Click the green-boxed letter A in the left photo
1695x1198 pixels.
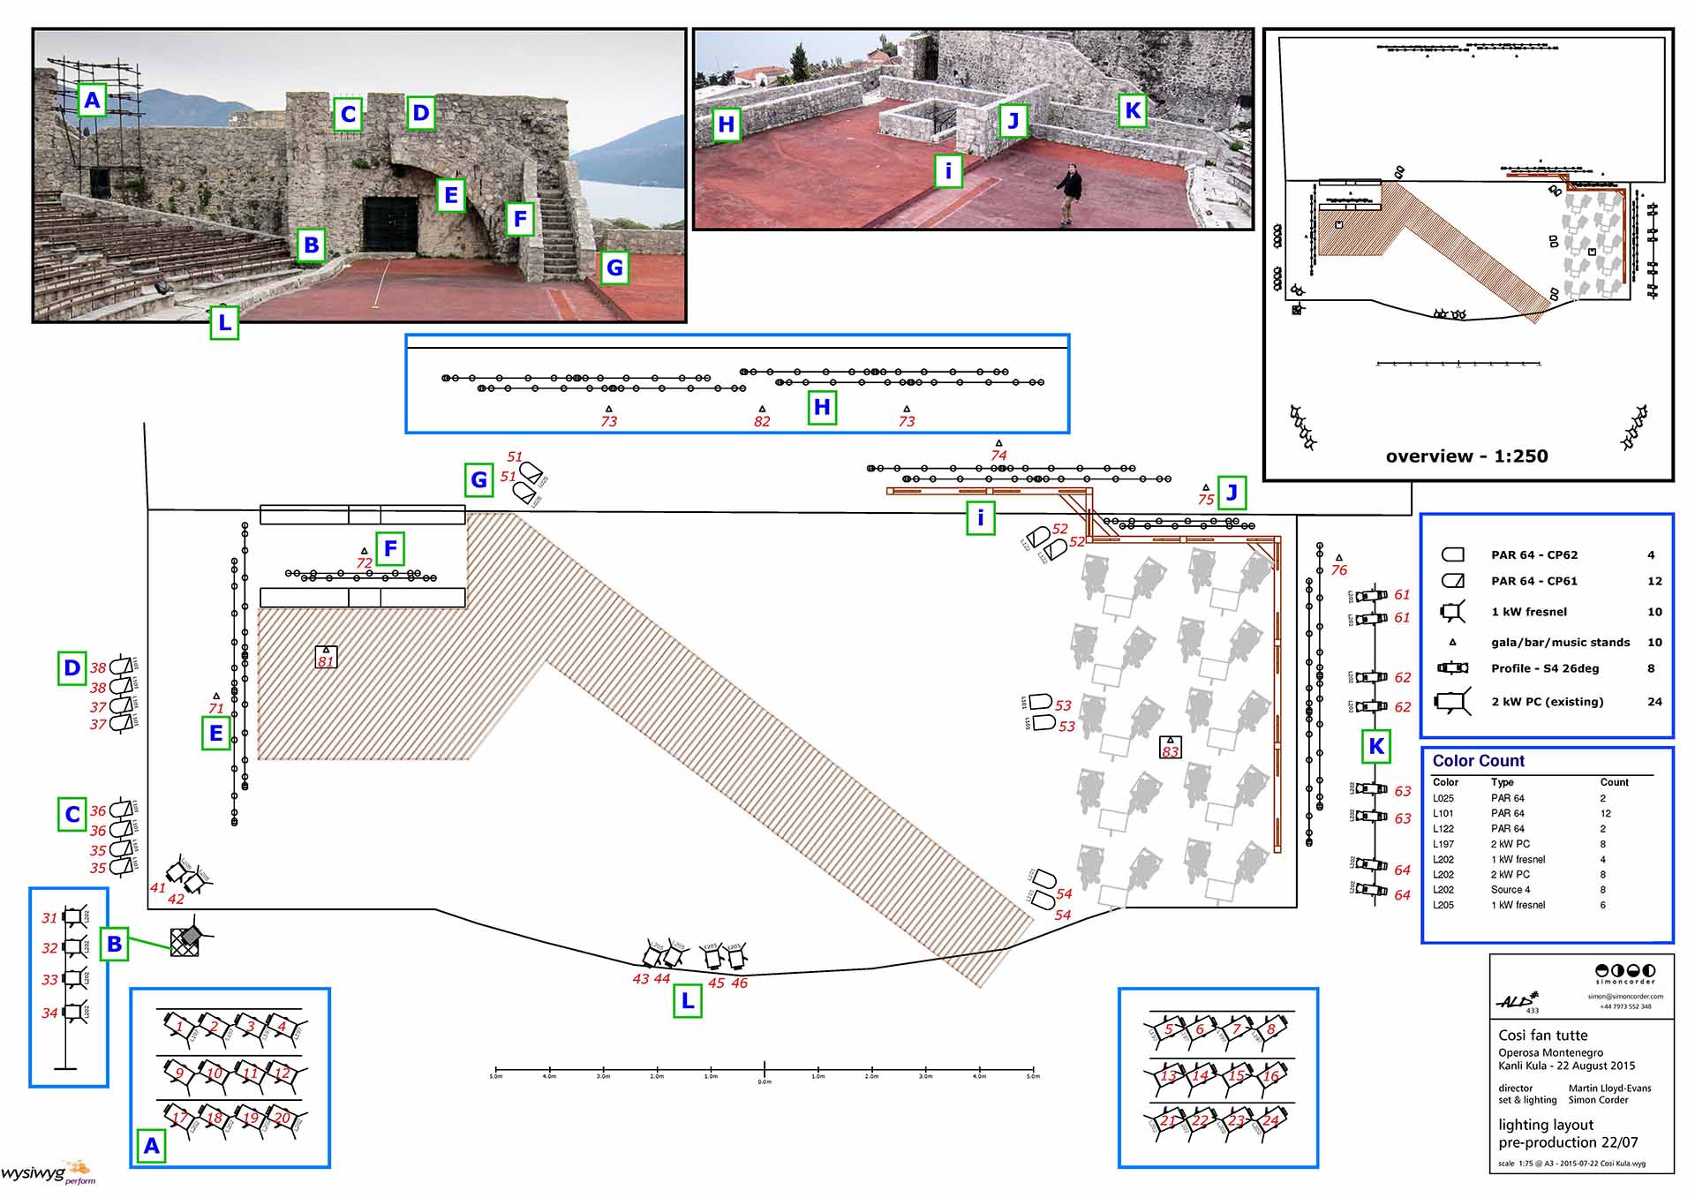[x=92, y=101]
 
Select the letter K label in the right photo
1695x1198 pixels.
[x=1132, y=111]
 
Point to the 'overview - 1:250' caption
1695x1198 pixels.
[x=1466, y=456]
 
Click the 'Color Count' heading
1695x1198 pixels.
[x=1478, y=761]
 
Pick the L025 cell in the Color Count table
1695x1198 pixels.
[x=1443, y=798]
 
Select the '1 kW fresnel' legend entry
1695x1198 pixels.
[x=1529, y=612]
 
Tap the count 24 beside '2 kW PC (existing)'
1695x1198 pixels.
[x=1654, y=702]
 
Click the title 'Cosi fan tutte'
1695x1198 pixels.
[x=1542, y=1035]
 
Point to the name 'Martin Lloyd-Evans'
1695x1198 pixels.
[x=1609, y=1089]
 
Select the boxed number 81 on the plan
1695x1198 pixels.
[x=326, y=659]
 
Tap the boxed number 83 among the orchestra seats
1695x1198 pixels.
[x=1170, y=749]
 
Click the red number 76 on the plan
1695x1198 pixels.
[x=1338, y=570]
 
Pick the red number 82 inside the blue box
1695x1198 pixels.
[x=762, y=422]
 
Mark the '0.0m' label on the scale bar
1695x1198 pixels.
[x=765, y=1081]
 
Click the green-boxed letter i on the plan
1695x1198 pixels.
[x=980, y=518]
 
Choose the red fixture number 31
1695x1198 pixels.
[x=49, y=918]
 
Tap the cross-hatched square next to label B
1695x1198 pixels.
[x=185, y=941]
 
